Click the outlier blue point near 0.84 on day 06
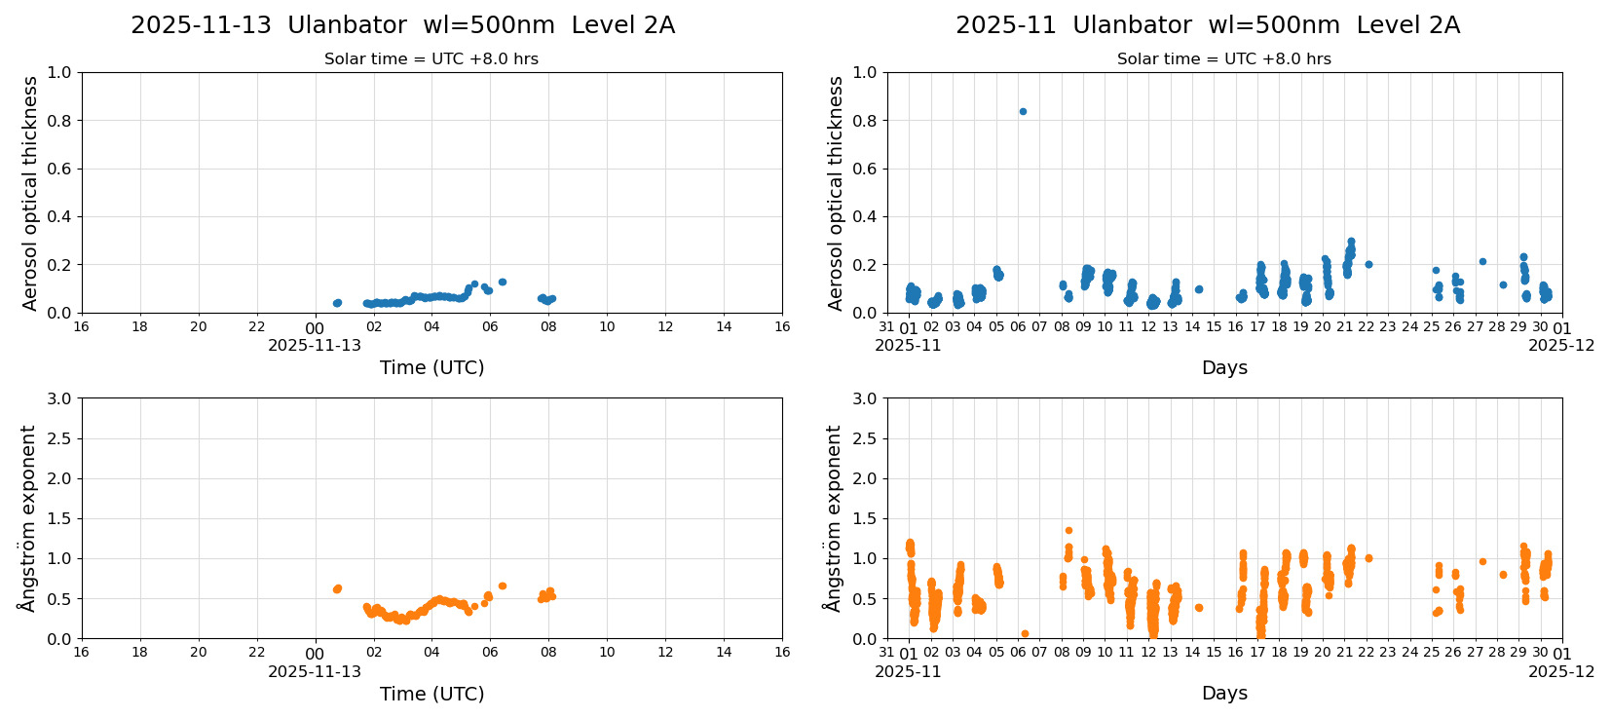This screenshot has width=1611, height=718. click(x=1023, y=111)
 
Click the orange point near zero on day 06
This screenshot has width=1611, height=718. click(x=1025, y=633)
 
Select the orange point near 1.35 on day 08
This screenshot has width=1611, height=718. click(x=1068, y=531)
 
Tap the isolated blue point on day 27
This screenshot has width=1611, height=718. click(x=1482, y=261)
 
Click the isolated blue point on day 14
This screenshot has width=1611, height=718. click(x=1199, y=289)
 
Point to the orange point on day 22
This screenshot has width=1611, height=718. click(x=1368, y=558)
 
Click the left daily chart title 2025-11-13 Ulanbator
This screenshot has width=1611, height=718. click(x=402, y=25)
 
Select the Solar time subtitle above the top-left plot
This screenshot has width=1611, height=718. click(x=431, y=59)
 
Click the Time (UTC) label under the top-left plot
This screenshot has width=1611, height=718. click(x=431, y=367)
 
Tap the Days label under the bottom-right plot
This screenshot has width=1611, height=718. click(x=1224, y=694)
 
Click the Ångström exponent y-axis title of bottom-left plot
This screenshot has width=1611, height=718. click(x=27, y=518)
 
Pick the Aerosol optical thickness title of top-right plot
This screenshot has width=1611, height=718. click(x=836, y=193)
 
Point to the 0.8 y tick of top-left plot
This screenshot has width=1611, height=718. click(x=59, y=121)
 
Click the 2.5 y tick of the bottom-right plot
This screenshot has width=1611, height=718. click(x=864, y=438)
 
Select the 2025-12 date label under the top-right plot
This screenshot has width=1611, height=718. click(x=1561, y=345)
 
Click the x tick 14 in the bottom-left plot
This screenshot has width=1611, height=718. click(x=724, y=653)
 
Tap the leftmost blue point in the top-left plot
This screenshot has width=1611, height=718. click(x=336, y=303)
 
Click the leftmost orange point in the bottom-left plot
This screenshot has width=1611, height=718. click(x=336, y=589)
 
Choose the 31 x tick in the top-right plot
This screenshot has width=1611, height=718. click(x=886, y=327)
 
